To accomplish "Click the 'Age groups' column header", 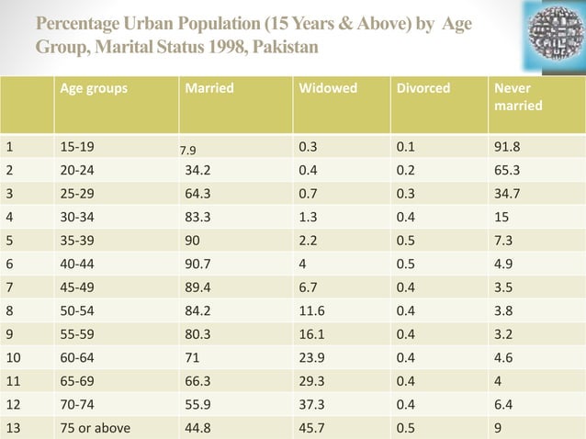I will (94, 89).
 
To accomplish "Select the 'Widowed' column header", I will (327, 89).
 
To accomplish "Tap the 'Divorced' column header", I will (423, 89).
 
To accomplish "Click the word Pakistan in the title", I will (283, 46).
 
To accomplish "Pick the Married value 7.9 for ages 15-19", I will (188, 149).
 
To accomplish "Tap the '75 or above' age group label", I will (95, 427).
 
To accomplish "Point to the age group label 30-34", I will (77, 217).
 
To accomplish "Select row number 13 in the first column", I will (12, 427).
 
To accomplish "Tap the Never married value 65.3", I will (508, 169).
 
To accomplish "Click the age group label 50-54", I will (77, 310).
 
